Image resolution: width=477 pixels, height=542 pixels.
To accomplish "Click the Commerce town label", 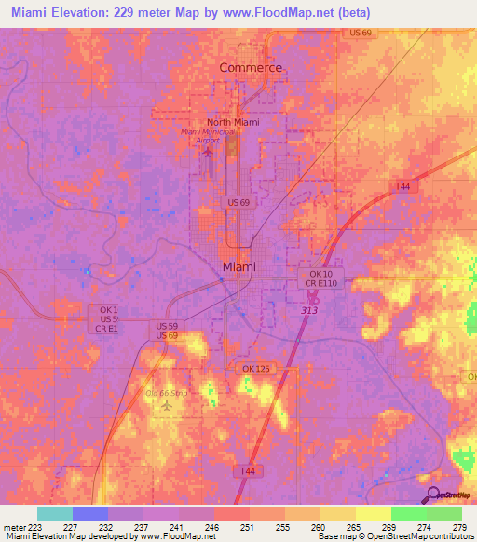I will click(250, 68).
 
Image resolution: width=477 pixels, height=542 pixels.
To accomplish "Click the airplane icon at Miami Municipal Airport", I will click(208, 148).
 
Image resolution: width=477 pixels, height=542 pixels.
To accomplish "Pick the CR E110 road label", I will click(321, 284).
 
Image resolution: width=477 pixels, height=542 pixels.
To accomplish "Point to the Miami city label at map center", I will click(239, 267).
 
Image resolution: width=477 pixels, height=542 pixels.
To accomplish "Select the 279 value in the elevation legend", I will click(459, 527).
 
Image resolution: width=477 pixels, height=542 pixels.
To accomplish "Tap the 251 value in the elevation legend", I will click(247, 527).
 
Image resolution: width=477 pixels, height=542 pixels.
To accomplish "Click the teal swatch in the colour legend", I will click(54, 513).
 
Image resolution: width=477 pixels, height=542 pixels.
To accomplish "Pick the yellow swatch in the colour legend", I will click(373, 513).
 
